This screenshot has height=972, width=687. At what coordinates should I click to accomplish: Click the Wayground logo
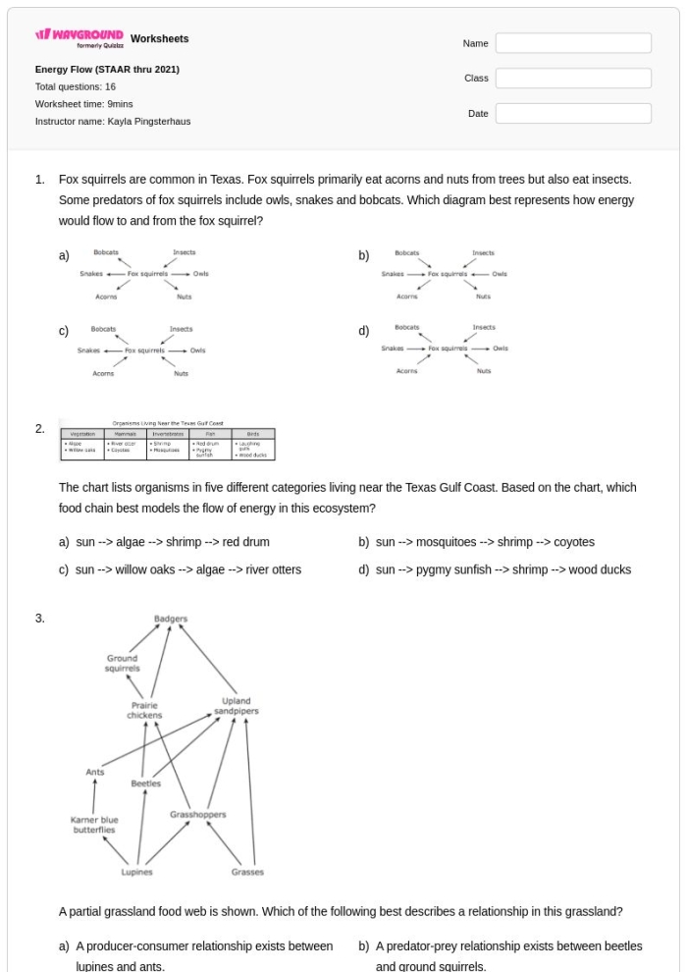click(80, 39)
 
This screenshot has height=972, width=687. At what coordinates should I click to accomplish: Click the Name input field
click(573, 43)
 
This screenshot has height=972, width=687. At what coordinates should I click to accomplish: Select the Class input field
click(573, 79)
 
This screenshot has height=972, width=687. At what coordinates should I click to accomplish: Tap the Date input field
click(573, 114)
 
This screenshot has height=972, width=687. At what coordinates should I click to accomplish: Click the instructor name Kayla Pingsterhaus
click(113, 122)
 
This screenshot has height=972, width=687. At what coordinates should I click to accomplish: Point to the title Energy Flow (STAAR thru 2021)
click(107, 70)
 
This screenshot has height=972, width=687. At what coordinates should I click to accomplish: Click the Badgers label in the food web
click(171, 620)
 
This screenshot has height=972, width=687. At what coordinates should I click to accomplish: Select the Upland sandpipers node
click(236, 707)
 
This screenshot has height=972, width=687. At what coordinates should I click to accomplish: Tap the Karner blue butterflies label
click(95, 825)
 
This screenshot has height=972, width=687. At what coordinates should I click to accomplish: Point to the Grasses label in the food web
click(247, 872)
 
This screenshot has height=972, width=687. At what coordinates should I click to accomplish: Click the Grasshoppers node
click(198, 815)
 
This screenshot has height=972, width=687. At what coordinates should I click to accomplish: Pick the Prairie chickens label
click(144, 710)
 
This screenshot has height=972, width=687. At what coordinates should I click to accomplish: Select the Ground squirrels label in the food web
click(123, 663)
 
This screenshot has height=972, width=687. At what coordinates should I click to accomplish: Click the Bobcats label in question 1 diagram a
click(106, 252)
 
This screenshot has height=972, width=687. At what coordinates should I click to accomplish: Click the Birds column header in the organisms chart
click(253, 432)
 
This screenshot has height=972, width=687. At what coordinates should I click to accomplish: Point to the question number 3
click(39, 619)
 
